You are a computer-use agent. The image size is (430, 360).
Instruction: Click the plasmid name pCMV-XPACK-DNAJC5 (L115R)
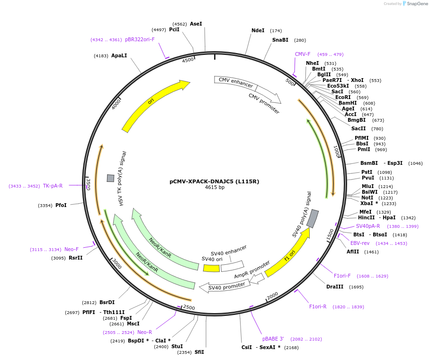tap(215, 181)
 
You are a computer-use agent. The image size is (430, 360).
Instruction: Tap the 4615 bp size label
tap(215, 188)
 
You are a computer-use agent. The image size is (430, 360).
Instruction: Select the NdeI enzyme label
tap(258, 30)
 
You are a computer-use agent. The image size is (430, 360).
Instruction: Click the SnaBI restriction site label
tap(280, 40)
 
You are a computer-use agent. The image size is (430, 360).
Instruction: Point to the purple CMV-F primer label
tap(303, 54)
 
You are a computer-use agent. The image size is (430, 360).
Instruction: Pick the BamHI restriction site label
tap(348, 103)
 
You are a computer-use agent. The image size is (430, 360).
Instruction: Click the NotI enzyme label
tap(367, 198)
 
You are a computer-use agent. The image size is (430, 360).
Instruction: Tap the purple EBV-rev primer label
tap(360, 243)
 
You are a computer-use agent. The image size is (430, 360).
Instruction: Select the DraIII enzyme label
tap(335, 287)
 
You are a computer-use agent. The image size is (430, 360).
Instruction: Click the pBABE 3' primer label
tap(273, 339)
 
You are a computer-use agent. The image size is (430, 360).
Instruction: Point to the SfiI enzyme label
tap(199, 352)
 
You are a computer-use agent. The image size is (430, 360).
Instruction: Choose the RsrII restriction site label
tap(75, 258)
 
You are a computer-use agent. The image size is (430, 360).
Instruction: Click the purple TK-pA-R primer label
tap(53, 186)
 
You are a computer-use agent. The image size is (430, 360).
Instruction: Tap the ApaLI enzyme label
tap(119, 55)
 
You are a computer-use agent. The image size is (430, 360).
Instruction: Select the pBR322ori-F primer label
tap(140, 39)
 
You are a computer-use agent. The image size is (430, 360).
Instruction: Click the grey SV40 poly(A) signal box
tap(313, 218)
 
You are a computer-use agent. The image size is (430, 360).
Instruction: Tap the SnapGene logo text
tap(417, 4)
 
